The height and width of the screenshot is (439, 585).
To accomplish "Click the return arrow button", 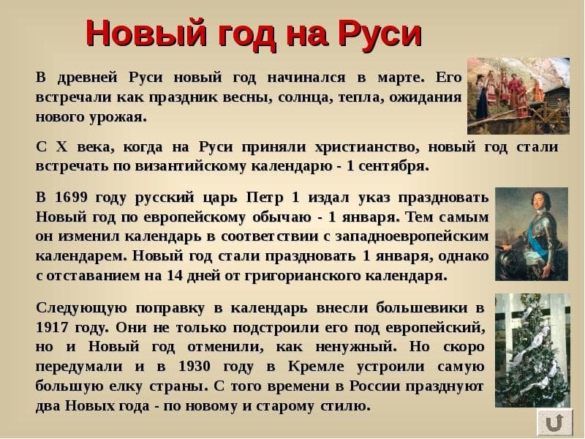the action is pyautogui.click(x=554, y=423).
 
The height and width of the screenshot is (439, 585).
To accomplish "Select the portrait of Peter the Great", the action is pyautogui.click(x=532, y=234).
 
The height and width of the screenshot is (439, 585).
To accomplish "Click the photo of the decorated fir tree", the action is pyautogui.click(x=532, y=350).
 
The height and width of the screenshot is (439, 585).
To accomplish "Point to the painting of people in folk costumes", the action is pyautogui.click(x=518, y=96).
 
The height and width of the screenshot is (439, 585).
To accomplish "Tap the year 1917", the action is pyautogui.click(x=52, y=327).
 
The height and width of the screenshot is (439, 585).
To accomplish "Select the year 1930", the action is pyautogui.click(x=195, y=367).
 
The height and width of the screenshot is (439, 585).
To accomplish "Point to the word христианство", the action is pyautogui.click(x=368, y=147).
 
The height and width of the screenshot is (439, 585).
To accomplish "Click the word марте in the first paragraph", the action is pyautogui.click(x=401, y=78).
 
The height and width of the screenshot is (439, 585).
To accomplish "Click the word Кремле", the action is pyautogui.click(x=315, y=367).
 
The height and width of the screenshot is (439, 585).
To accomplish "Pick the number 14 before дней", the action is pyautogui.click(x=175, y=276).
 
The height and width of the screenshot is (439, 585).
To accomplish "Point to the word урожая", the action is pyautogui.click(x=118, y=117).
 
